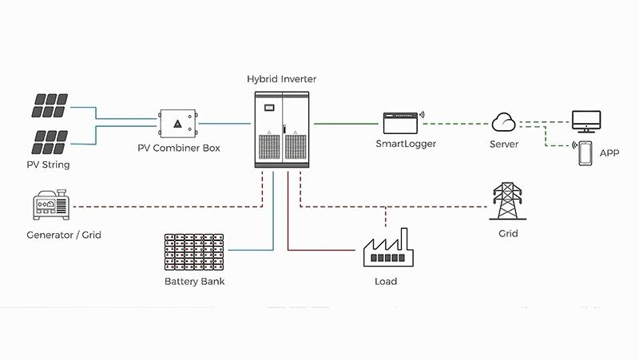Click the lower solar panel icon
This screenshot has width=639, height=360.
pos(49,141)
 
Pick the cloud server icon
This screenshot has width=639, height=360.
pos(504,123)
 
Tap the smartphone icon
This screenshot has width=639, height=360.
pos(585,152)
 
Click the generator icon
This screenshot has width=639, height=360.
pos(50,207)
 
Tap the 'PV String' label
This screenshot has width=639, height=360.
pos(48,165)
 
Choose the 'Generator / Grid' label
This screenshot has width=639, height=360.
pos(64,235)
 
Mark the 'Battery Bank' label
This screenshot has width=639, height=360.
pos(194,282)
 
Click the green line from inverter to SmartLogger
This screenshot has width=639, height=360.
pos(347,124)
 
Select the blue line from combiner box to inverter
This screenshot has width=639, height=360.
pos(226,124)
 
